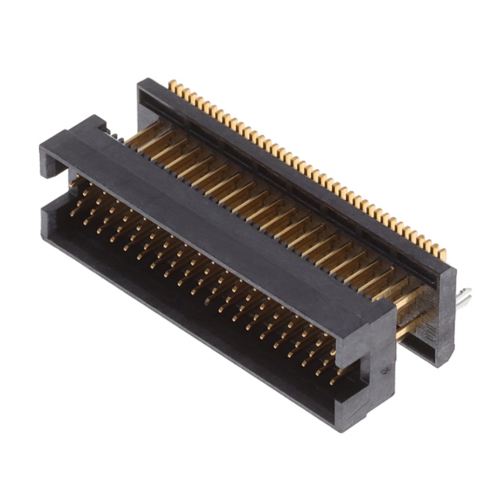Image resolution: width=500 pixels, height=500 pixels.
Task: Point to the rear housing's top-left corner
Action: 141,81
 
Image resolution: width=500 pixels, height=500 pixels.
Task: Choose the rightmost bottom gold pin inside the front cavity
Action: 334,381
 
